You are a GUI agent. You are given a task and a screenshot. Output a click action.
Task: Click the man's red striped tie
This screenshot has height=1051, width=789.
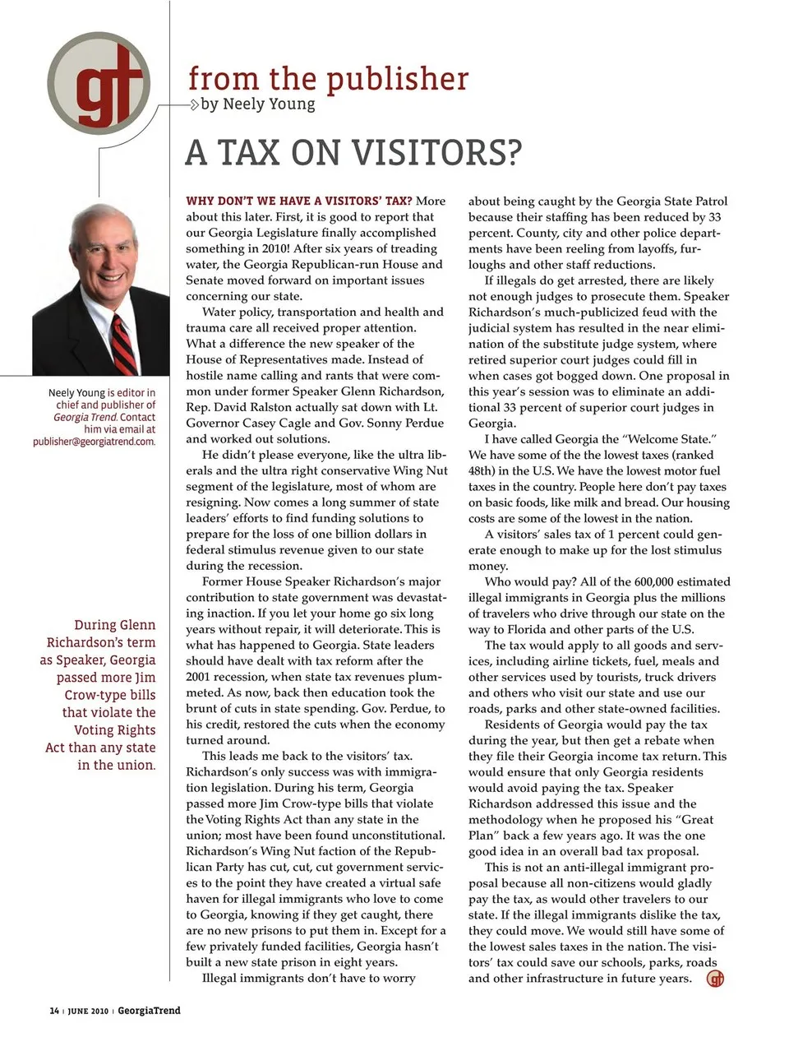(x=123, y=345)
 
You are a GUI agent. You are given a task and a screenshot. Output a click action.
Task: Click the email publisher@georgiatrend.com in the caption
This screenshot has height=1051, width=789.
(x=94, y=442)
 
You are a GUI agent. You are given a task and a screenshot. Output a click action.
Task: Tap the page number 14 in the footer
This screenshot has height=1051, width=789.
(x=54, y=1011)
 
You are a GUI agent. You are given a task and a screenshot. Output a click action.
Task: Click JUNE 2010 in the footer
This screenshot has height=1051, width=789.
(x=88, y=1011)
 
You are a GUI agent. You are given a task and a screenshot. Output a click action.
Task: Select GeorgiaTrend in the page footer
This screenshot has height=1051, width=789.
(x=149, y=1011)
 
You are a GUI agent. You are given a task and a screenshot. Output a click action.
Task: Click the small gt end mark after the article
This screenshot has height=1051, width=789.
(x=716, y=979)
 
